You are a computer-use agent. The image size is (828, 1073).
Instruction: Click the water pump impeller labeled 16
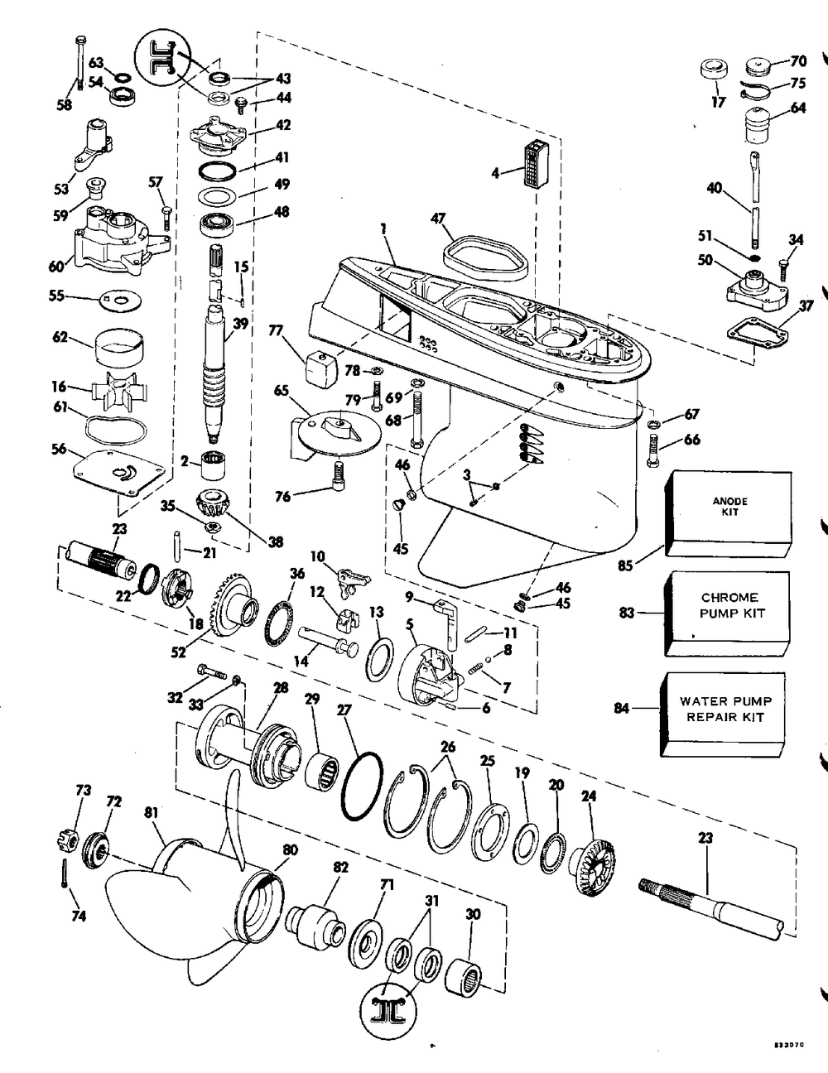pyautogui.click(x=115, y=388)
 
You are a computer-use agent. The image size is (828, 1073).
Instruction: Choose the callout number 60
pyautogui.click(x=56, y=266)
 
